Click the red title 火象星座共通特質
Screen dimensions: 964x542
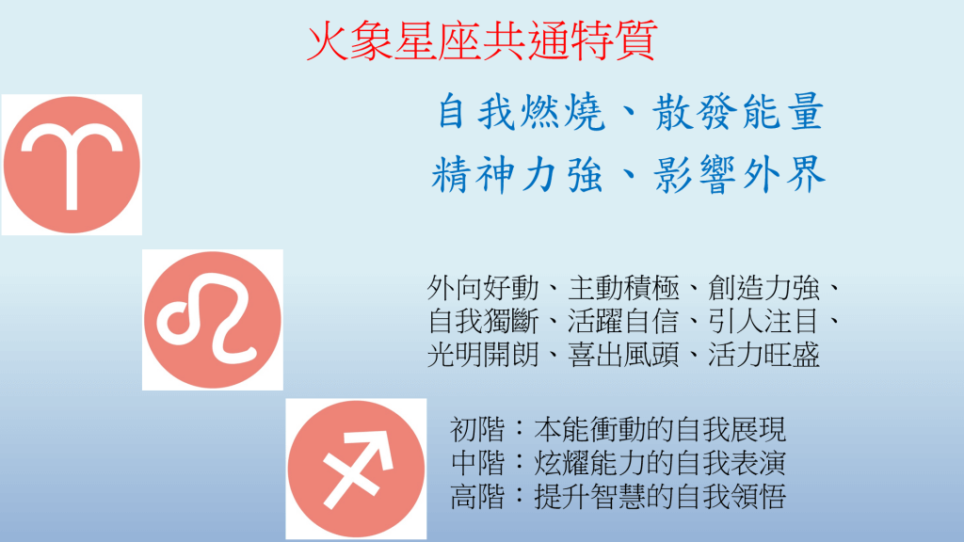click(482, 40)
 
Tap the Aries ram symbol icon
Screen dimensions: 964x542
click(72, 165)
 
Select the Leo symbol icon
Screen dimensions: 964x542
click(213, 320)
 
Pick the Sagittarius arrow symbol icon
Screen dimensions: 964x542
click(356, 469)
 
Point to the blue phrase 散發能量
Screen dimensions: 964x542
click(738, 112)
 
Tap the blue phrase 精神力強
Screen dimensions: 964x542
click(517, 174)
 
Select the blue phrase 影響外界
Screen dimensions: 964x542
click(740, 174)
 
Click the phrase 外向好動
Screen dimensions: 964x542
click(483, 288)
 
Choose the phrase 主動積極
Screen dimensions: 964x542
click(623, 288)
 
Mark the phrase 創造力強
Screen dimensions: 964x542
click(763, 288)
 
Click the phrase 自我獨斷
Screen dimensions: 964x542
click(483, 321)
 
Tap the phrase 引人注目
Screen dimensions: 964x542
click(763, 321)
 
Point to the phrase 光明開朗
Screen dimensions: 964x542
click(483, 355)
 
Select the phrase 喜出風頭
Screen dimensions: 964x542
click(623, 355)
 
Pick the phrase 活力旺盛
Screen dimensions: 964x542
click(763, 355)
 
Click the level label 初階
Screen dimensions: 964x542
click(477, 429)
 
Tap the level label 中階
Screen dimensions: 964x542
click(477, 463)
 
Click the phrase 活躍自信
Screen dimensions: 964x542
click(623, 321)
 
